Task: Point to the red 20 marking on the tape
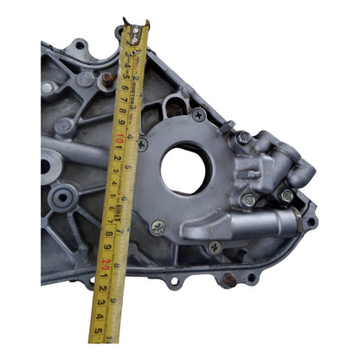click(106, 263)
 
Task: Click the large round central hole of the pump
click(183, 170)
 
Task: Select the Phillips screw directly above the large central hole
click(198, 113)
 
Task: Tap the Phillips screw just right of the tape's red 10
click(142, 145)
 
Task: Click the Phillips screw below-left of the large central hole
click(158, 228)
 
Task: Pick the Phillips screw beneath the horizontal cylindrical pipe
click(215, 247)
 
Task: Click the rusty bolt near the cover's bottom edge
click(229, 279)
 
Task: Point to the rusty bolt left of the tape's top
click(107, 80)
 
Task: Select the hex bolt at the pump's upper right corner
click(244, 137)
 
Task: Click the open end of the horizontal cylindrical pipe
click(294, 223)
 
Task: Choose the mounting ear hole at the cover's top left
click(79, 44)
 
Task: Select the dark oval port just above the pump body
click(175, 107)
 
